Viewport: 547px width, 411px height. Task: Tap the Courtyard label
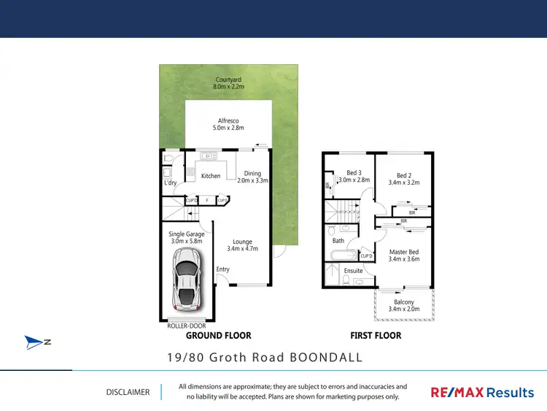(x=228, y=83)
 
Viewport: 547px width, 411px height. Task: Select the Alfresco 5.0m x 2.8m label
(x=228, y=124)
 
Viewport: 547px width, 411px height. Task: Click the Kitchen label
(x=211, y=176)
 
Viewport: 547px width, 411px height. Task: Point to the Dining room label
(x=252, y=177)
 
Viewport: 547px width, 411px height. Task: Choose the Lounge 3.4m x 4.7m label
(x=242, y=246)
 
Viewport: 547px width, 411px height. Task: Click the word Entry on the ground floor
(x=222, y=269)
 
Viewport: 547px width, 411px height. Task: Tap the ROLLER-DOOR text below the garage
(x=187, y=326)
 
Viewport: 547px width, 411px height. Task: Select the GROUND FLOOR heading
(x=218, y=336)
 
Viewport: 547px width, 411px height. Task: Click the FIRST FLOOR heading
(x=376, y=336)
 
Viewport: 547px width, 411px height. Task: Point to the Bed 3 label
(x=354, y=176)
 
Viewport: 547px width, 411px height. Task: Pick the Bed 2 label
(x=404, y=179)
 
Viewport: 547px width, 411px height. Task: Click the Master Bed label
(x=403, y=255)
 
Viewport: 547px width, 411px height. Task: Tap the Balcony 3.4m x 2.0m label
(x=403, y=305)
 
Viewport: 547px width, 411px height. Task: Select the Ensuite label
(x=353, y=271)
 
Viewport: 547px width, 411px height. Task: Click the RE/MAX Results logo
(x=481, y=393)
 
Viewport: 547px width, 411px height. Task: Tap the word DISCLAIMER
(x=128, y=392)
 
